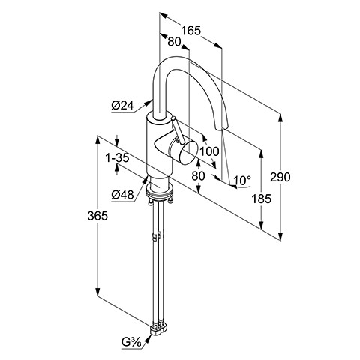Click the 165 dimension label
coord(191,31)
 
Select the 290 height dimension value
coord(280,177)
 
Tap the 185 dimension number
coord(261,199)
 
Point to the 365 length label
coord(97,216)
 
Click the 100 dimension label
coord(209,151)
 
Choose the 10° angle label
coord(242,180)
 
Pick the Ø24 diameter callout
coord(122,106)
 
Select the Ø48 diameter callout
coord(122,195)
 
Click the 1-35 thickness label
coord(117,158)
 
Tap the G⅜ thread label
coord(131,342)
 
